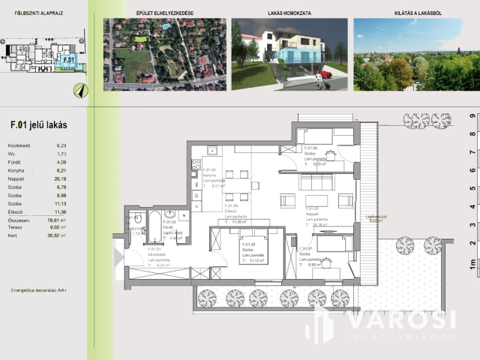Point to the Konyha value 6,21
[61, 171]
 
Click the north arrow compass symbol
[79, 89]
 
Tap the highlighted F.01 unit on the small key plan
[67, 59]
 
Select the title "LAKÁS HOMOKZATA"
[289, 13]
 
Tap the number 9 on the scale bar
[472, 116]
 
